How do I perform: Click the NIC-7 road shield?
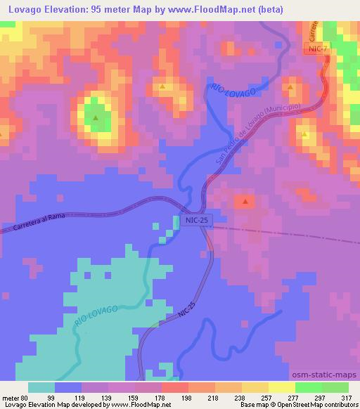[x=316, y=48]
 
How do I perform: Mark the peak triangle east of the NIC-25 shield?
[x=245, y=202]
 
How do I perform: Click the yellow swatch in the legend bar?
[x=281, y=387]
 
